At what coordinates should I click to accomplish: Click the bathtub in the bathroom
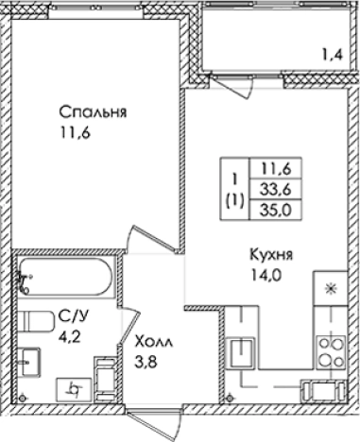[x=66, y=275]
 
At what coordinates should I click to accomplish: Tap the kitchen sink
[x=247, y=352]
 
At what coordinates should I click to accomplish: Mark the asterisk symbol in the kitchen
[x=331, y=288]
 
